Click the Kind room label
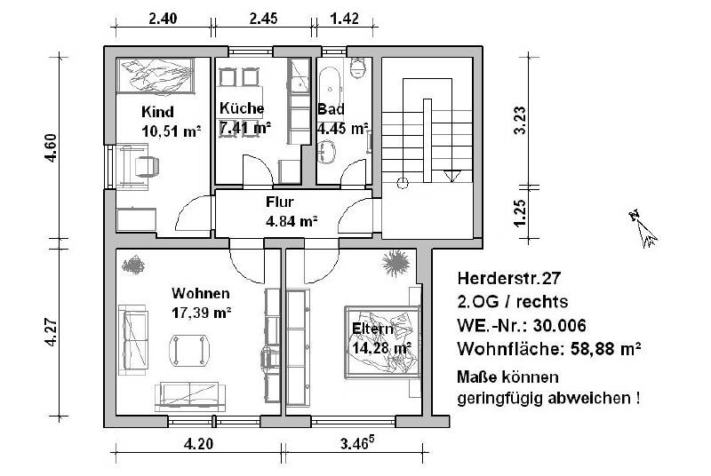pyautogui.click(x=157, y=113)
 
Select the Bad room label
pyautogui.click(x=332, y=109)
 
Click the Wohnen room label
pyautogui.click(x=201, y=294)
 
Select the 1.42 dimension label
pyautogui.click(x=344, y=17)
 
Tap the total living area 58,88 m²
pyautogui.click(x=608, y=347)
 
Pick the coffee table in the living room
pyautogui.click(x=191, y=349)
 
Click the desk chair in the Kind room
pyautogui.click(x=146, y=165)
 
